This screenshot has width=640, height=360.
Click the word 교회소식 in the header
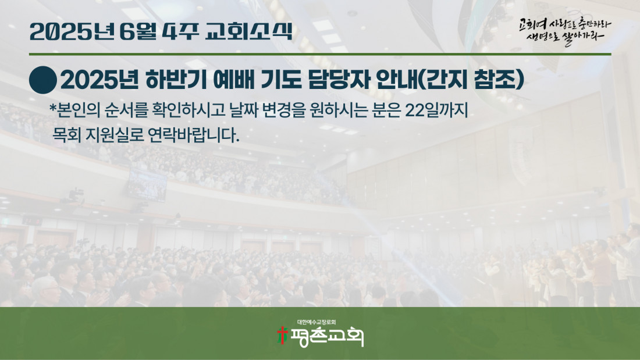pyautogui.click(x=248, y=31)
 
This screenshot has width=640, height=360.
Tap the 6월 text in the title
pyautogui.click(x=138, y=31)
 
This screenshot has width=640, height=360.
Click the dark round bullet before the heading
pyautogui.click(x=43, y=80)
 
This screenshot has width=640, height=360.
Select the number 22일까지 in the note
pyautogui.click(x=436, y=110)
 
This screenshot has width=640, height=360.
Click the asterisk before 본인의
pyautogui.click(x=52, y=108)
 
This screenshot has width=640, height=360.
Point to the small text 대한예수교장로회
pyautogui.click(x=317, y=322)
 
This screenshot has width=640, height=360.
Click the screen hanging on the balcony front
pyautogui.click(x=147, y=184)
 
